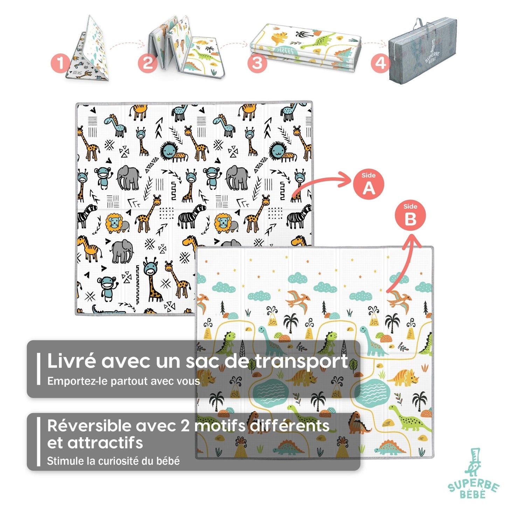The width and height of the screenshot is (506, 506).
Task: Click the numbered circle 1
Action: pyautogui.click(x=61, y=63)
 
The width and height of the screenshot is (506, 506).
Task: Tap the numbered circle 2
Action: pyautogui.click(x=148, y=63)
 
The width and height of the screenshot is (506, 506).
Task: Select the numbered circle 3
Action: pyautogui.click(x=257, y=63)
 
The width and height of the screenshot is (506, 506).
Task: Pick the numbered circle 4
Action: pyautogui.click(x=381, y=63)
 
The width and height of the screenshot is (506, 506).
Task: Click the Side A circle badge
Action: pyautogui.click(x=368, y=184)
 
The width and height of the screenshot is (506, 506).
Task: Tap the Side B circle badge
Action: pyautogui.click(x=410, y=216)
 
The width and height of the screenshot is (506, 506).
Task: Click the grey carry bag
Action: pyautogui.click(x=423, y=51)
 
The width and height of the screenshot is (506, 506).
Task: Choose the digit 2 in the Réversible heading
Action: pyautogui.click(x=185, y=426)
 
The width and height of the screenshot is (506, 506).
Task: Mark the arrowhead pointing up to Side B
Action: pyautogui.click(x=413, y=240)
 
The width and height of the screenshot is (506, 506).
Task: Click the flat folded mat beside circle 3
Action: pyautogui.click(x=305, y=47)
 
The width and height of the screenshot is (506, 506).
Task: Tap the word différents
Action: pyautogui.click(x=289, y=425)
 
